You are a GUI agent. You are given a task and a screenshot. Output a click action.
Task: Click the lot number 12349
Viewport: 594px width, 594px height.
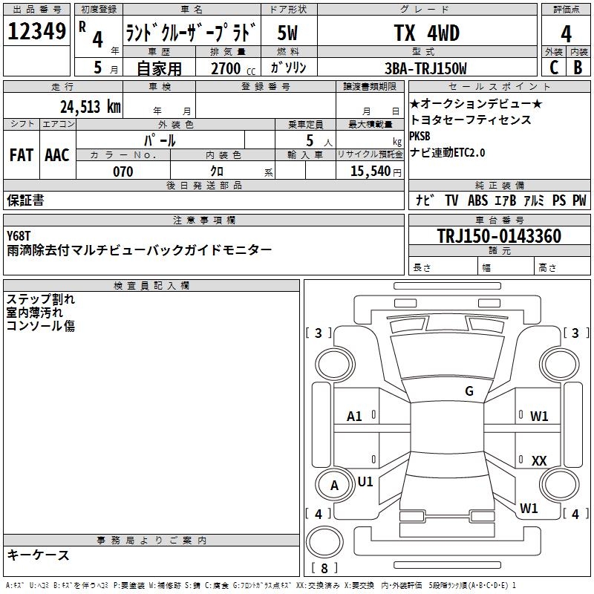point(36,31)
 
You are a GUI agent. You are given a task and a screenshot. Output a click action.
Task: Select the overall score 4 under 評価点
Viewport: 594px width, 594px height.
point(566,34)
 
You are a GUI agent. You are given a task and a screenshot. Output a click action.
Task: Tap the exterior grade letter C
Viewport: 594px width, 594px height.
point(554,68)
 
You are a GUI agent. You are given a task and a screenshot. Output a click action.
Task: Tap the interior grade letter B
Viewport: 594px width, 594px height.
point(578,68)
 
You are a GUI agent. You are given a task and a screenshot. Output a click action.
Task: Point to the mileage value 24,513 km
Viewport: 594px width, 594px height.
point(91,107)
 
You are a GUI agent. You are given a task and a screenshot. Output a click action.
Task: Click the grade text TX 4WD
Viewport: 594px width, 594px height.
point(427,33)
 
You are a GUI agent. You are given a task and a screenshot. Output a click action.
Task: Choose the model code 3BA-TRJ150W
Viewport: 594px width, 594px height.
point(425,68)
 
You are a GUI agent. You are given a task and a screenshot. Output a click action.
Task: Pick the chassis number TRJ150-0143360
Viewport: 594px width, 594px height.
point(499,235)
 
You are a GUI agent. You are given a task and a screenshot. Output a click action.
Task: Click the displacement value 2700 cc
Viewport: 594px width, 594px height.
point(233,68)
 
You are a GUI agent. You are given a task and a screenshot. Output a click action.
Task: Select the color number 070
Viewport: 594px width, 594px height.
point(123,172)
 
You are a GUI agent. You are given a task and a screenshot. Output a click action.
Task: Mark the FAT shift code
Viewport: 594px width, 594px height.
point(22,155)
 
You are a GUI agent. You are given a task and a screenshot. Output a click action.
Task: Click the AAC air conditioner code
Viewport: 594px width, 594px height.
point(57,155)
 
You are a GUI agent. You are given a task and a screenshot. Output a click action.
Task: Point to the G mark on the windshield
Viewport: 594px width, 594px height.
point(469,391)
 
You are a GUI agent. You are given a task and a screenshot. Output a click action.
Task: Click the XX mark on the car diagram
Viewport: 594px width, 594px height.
point(539,460)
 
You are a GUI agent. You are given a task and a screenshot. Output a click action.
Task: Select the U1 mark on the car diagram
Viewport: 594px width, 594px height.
point(365,482)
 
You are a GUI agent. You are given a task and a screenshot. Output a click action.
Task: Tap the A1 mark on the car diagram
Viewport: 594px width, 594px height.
point(354,417)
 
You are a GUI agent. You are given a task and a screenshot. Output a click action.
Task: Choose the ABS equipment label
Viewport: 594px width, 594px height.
point(477,200)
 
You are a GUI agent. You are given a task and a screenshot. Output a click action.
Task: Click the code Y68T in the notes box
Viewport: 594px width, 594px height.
point(18,235)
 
